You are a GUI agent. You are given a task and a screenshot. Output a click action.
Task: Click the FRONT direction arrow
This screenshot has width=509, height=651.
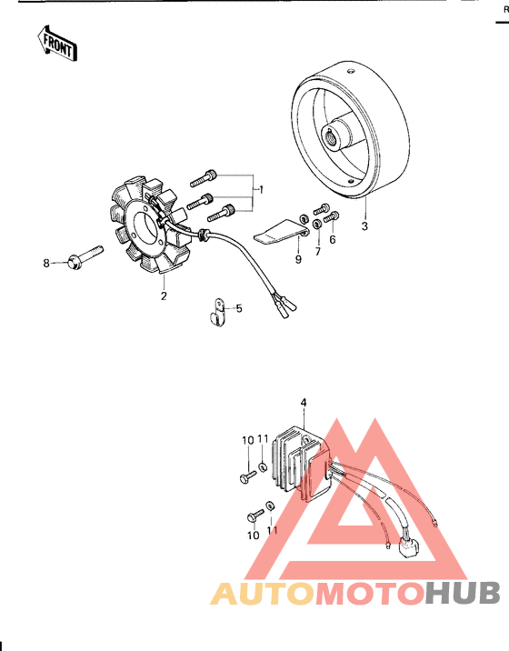click(55, 42)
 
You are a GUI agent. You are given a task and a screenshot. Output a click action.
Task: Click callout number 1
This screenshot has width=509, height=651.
click(260, 189)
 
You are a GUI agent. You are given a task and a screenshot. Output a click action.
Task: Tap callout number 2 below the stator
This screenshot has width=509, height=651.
click(165, 295)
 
